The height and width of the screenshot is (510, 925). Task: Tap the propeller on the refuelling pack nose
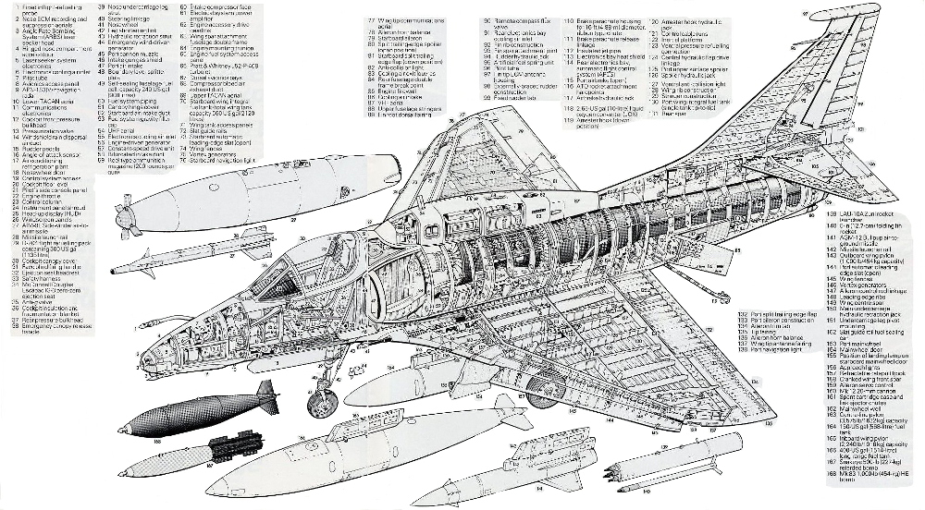(x=129, y=218)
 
